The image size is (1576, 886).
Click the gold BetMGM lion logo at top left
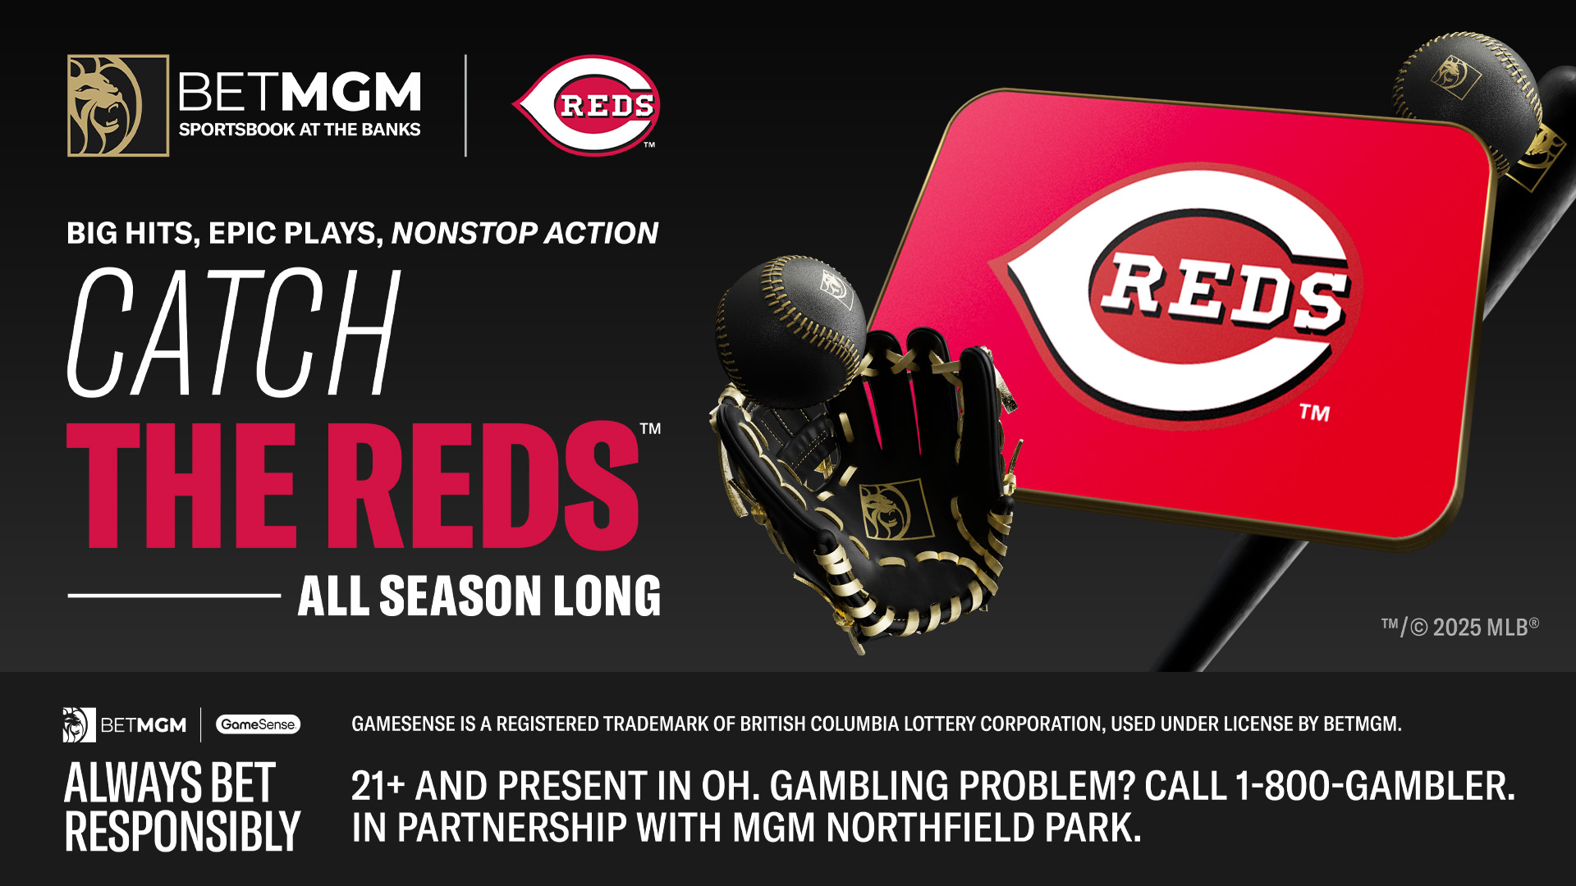click(x=118, y=106)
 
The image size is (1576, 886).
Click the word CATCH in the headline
click(x=234, y=332)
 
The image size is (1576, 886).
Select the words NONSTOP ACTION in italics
click(x=525, y=233)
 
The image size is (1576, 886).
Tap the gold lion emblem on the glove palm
click(x=895, y=509)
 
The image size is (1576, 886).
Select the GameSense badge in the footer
click(x=258, y=724)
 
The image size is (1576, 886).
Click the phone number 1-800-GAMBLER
click(x=1375, y=785)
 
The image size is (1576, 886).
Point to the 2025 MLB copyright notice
click(x=1459, y=628)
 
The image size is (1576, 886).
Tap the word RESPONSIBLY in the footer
click(x=182, y=831)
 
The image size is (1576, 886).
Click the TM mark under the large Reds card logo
click(x=1314, y=413)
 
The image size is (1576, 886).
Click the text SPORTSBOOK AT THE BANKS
click(x=300, y=130)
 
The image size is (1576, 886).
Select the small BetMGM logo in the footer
click(x=125, y=725)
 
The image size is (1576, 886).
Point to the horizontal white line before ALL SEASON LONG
click(x=174, y=596)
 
